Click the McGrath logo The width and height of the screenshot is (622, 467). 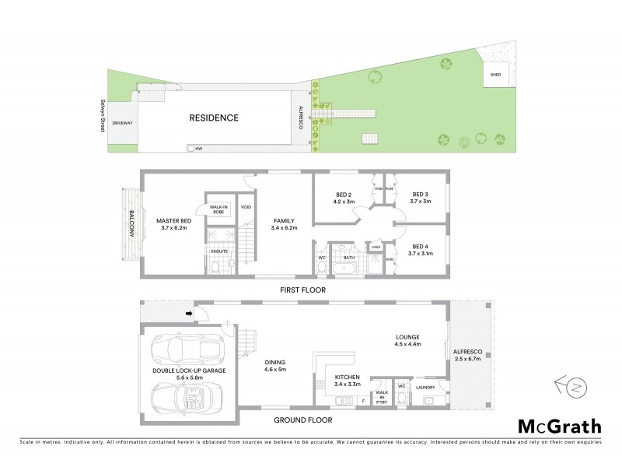click(560, 426)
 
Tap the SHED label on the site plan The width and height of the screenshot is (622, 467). click(495, 75)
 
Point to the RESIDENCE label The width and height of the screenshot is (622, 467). click(214, 118)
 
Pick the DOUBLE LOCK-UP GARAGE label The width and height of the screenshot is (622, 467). click(189, 371)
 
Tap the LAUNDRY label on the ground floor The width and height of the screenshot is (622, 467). click(425, 386)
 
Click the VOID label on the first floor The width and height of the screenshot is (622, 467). click(246, 207)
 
